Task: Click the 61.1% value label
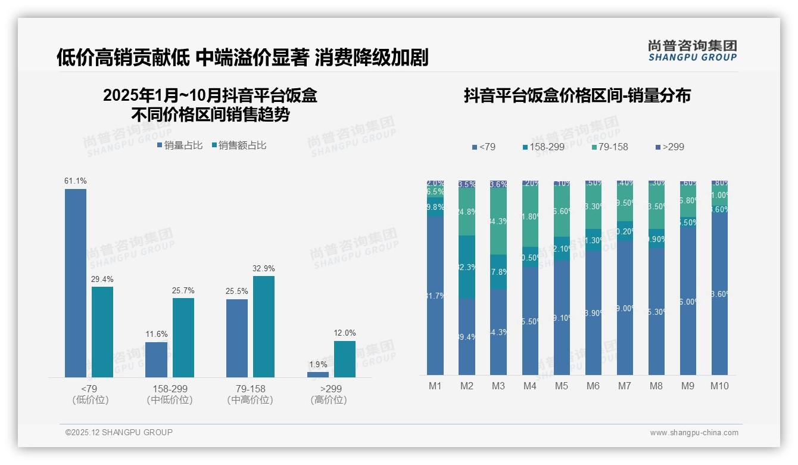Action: coord(76,181)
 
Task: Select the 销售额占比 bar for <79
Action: coord(102,331)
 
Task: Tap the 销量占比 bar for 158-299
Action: coord(157,359)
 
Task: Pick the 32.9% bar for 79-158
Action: coord(264,326)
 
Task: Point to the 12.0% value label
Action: coord(345,333)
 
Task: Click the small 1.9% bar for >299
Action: coord(318,374)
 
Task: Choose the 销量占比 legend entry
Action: coord(180,145)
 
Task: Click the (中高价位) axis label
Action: coord(250,400)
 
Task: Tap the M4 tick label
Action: coord(530,386)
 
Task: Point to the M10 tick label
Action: coord(719,386)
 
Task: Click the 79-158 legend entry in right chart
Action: coord(608,147)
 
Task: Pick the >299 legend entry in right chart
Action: coord(670,147)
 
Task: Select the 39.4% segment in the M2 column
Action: coord(467,337)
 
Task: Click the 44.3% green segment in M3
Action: coord(498,221)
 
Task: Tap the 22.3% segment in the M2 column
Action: coord(467,267)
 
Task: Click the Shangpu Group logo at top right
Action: coord(692,51)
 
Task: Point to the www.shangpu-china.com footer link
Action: coord(694,433)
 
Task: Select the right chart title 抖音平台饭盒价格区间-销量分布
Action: coord(577,95)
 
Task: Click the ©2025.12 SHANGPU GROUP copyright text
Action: coord(119,432)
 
